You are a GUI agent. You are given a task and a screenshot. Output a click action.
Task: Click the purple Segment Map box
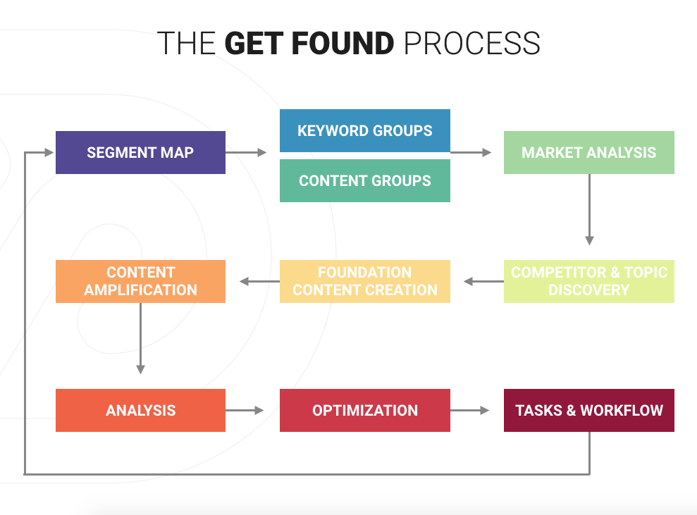click(x=140, y=152)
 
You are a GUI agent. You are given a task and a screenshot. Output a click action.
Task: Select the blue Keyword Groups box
click(x=364, y=130)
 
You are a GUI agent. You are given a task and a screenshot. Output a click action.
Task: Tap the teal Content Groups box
click(x=364, y=181)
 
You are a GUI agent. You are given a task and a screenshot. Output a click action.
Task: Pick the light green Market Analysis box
click(x=588, y=152)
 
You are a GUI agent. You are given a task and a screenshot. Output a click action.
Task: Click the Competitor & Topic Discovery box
click(x=588, y=281)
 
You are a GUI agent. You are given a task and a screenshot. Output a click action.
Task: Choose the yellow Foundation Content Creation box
click(x=364, y=281)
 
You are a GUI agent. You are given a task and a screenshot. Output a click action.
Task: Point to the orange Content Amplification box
click(x=140, y=281)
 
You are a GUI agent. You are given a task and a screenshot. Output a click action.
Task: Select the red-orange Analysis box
click(x=140, y=410)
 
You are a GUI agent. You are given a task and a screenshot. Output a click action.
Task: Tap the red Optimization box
click(x=364, y=410)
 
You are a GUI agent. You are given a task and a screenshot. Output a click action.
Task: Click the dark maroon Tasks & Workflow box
click(x=588, y=410)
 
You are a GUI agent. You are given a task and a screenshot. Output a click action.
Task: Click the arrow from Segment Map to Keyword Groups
click(x=246, y=152)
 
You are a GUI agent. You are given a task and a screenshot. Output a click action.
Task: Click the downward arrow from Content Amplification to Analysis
click(x=140, y=338)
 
